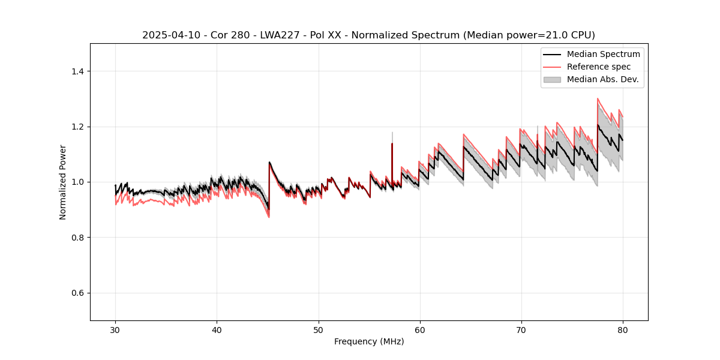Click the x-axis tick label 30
pyautogui.click(x=115, y=329)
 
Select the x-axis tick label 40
pyautogui.click(x=217, y=329)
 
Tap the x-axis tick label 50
pyautogui.click(x=318, y=329)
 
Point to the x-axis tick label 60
pyautogui.click(x=420, y=329)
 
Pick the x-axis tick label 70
pyautogui.click(x=521, y=329)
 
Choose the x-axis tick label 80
pyautogui.click(x=623, y=329)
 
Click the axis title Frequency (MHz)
pyautogui.click(x=369, y=341)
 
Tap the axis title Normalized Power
pyautogui.click(x=63, y=182)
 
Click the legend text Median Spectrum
pyautogui.click(x=603, y=54)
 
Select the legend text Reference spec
pyautogui.click(x=599, y=67)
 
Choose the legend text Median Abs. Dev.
pyautogui.click(x=602, y=79)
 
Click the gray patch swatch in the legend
pyautogui.click(x=552, y=79)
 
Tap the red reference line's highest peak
pyautogui.click(x=598, y=98)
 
